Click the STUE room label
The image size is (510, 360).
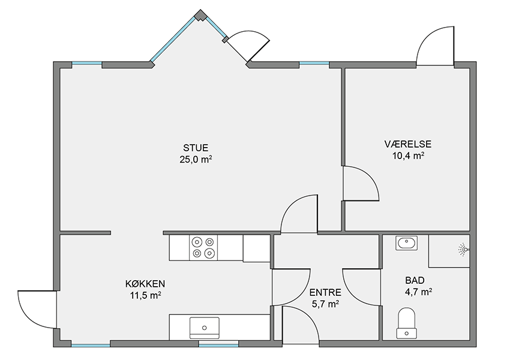[x=196, y=148]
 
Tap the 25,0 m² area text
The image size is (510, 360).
[x=196, y=160]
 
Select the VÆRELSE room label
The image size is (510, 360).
[x=408, y=144]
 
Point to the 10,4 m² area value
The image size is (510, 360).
[x=408, y=155]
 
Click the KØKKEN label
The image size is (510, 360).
[x=145, y=284]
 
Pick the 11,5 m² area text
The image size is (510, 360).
[x=145, y=295]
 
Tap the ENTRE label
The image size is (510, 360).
[x=325, y=292]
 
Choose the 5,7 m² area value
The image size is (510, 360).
[x=325, y=304]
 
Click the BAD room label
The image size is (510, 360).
[x=415, y=280]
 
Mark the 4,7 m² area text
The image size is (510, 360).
[x=418, y=292]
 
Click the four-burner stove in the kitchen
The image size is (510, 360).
[x=203, y=247]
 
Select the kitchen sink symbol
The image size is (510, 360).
[x=204, y=328]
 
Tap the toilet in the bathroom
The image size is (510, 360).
[x=406, y=323]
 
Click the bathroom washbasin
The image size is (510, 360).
[x=407, y=243]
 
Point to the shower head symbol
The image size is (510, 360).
[x=463, y=250]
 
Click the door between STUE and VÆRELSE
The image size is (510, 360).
[x=361, y=184]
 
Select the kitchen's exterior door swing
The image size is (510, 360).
[x=37, y=309]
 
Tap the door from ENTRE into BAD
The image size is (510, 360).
[x=361, y=287]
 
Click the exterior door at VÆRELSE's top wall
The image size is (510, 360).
[x=435, y=46]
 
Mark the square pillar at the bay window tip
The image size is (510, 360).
[x=200, y=16]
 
